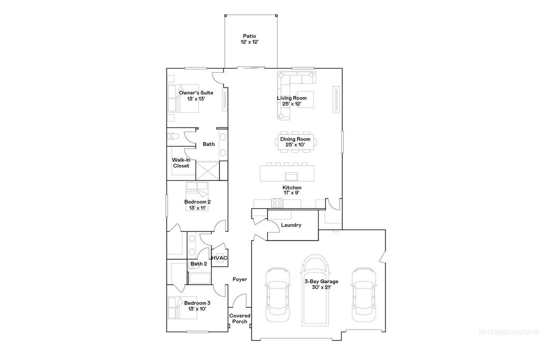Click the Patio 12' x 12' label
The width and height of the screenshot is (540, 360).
[250, 38]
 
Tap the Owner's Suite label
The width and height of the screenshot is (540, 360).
[196, 95]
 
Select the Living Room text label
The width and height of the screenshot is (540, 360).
[292, 101]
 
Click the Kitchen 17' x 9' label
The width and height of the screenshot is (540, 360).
[292, 190]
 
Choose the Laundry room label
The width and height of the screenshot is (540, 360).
[291, 225]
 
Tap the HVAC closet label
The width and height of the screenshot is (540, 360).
[219, 258]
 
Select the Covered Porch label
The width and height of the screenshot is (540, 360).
[239, 318]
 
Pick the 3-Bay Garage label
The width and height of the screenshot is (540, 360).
[321, 285]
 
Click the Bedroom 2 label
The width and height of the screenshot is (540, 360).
[197, 205]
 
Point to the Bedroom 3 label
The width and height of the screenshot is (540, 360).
[197, 306]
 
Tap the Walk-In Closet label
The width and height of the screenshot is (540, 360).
[181, 163]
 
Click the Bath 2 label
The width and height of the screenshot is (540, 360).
[198, 264]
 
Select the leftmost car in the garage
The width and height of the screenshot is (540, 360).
[277, 295]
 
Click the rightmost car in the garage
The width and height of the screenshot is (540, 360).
[364, 293]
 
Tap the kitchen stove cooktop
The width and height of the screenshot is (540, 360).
[277, 202]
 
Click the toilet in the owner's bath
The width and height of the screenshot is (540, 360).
[174, 137]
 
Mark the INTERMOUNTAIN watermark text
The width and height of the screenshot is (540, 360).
[508, 332]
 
